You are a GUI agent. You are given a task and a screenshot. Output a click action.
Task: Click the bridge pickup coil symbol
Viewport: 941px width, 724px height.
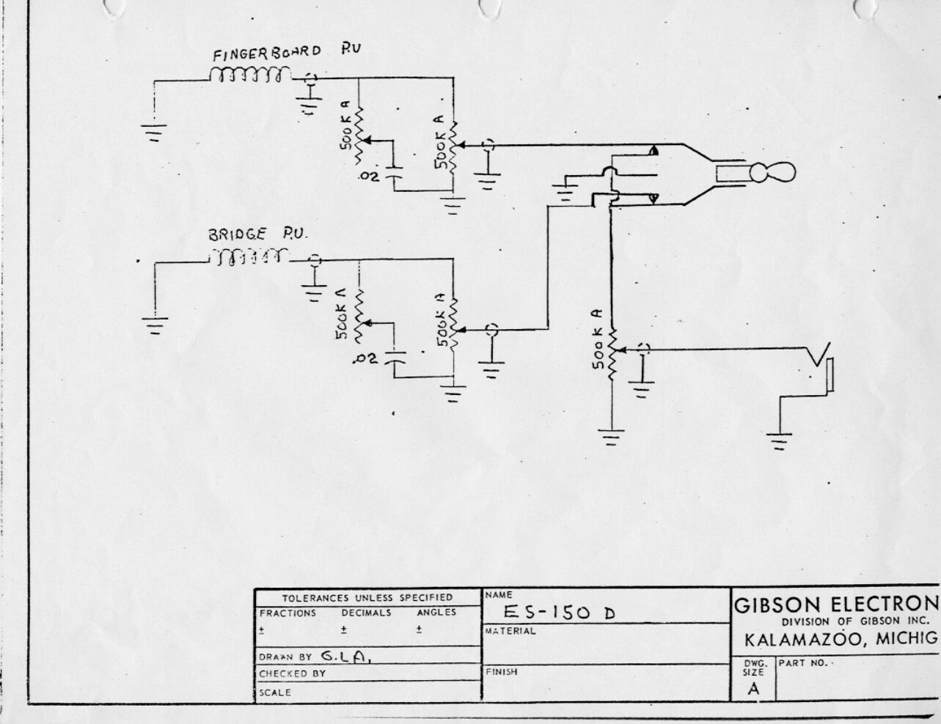(249, 257)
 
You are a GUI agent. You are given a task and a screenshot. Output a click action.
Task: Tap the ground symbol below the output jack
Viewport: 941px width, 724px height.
(779, 441)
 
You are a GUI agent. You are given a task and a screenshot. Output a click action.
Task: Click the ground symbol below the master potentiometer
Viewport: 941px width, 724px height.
(610, 437)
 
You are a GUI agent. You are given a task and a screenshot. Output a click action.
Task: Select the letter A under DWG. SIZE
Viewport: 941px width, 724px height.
(753, 688)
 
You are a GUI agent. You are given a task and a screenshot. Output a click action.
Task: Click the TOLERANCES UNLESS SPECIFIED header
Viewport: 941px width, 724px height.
(367, 597)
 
